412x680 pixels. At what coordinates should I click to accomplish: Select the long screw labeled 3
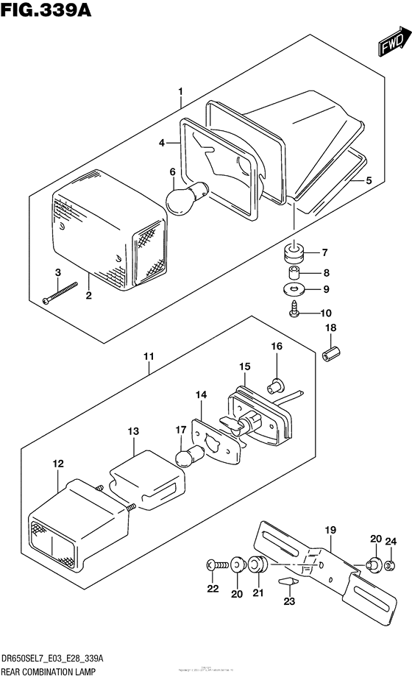tap(62, 294)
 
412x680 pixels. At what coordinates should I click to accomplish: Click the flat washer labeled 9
tap(295, 288)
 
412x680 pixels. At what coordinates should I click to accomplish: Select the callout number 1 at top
tap(180, 92)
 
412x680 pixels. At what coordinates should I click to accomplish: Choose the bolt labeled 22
tap(215, 565)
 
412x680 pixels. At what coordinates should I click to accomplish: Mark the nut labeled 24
tap(391, 565)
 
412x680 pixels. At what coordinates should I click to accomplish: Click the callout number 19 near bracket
tap(330, 529)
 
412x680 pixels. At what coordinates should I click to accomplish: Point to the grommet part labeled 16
tap(277, 383)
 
